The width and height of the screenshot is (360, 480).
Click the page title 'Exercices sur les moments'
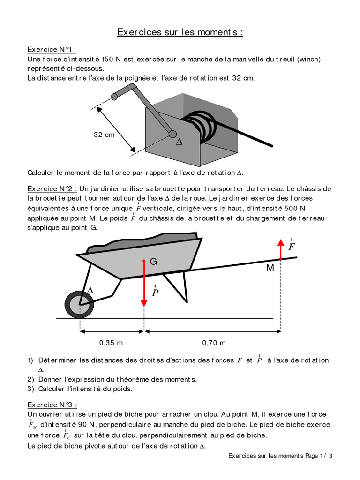[x=180, y=32]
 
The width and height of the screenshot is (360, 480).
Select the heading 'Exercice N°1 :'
[x=52, y=50]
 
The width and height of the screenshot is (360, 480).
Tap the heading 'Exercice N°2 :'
[x=52, y=188]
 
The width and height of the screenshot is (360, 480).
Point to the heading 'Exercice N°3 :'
[x=52, y=405]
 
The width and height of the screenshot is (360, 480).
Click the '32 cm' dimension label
[x=104, y=135]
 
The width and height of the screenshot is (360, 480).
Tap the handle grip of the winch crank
[x=115, y=96]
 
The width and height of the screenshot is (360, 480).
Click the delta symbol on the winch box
[x=179, y=141]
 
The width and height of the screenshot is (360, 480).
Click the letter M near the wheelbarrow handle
[x=270, y=268]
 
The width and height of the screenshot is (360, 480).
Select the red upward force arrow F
[x=280, y=249]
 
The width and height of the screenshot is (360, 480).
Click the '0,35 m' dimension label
[x=111, y=343]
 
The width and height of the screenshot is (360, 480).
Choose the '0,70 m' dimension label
[x=214, y=343]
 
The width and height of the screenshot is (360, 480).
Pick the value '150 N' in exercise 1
[x=112, y=59]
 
